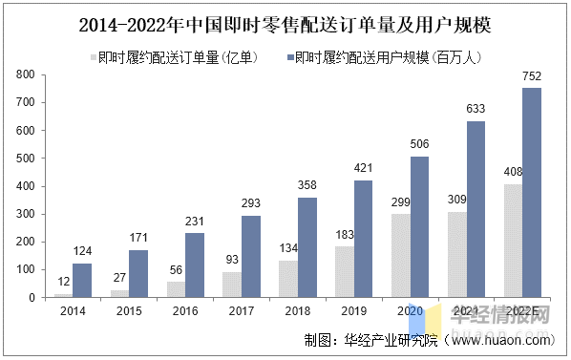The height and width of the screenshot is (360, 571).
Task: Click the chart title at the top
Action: point(285,20)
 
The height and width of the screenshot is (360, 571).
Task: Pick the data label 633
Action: point(475,110)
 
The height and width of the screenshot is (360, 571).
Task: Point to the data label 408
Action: point(514,172)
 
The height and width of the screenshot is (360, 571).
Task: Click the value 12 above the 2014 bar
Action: point(63,284)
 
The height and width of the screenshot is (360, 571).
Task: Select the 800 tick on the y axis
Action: point(27,74)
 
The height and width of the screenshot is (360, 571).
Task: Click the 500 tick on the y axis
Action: point(27,158)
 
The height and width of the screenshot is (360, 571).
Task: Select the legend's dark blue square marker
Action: point(287,57)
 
